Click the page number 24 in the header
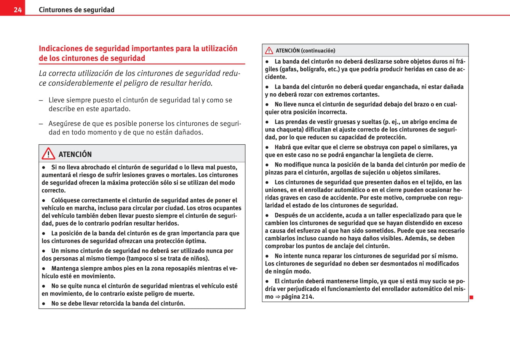[x=18, y=10]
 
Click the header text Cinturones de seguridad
[x=76, y=10]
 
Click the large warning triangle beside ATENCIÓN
[x=48, y=154]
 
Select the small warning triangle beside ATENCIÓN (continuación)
[x=269, y=50]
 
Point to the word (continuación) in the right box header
[x=318, y=51]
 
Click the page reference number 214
[x=307, y=297]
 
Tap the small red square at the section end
[x=471, y=297]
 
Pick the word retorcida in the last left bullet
[x=112, y=304]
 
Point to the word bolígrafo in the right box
[x=302, y=69]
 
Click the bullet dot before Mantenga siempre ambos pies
[x=44, y=269]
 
